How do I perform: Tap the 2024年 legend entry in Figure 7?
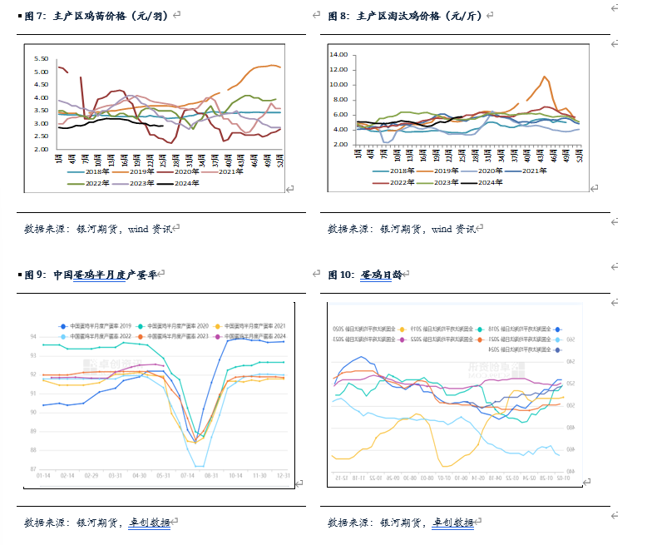[185, 182]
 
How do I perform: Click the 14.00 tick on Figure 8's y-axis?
[338, 55]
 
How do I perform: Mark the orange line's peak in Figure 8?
[544, 77]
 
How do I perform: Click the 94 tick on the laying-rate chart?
[32, 336]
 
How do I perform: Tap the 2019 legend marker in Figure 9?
[63, 325]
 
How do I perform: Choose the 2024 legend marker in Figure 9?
[219, 335]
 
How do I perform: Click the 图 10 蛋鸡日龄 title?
[366, 274]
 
